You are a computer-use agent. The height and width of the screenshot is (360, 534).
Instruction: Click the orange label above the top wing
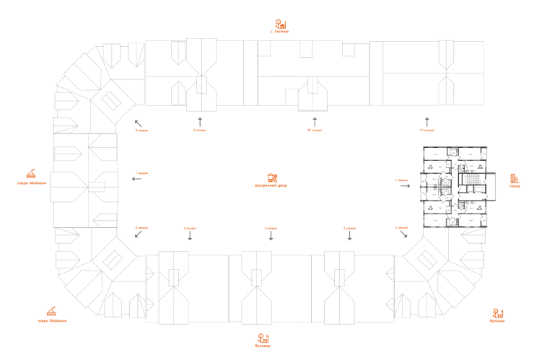[281, 27]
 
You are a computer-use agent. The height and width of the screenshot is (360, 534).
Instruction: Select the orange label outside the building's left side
[30, 176]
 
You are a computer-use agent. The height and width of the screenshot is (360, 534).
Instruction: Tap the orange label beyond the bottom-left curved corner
[52, 315]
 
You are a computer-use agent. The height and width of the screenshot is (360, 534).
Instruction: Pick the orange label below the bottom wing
[264, 340]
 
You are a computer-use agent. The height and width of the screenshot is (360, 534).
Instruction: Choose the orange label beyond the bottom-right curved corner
[498, 315]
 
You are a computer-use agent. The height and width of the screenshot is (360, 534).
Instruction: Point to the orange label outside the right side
[515, 180]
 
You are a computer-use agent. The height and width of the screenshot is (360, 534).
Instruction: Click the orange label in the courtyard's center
[271, 180]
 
